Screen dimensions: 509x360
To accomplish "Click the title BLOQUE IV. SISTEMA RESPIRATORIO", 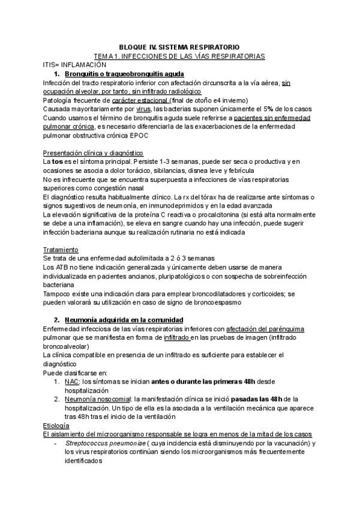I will point(179,47).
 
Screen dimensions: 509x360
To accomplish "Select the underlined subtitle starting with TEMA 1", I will point(179,56).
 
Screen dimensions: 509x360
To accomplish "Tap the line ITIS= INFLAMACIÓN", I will point(75,64).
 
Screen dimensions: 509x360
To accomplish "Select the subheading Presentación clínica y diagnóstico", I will point(93,154).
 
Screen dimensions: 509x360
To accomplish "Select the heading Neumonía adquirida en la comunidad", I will point(124,320).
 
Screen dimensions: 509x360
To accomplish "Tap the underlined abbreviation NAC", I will point(71,381).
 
